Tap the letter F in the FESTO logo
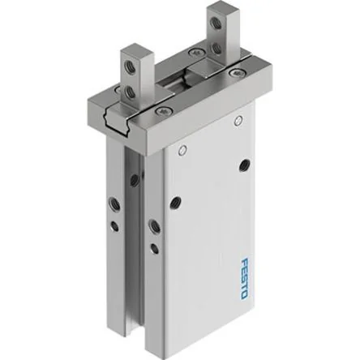244,262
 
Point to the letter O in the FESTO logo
243,295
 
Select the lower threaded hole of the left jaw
128,92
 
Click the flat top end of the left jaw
135,49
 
